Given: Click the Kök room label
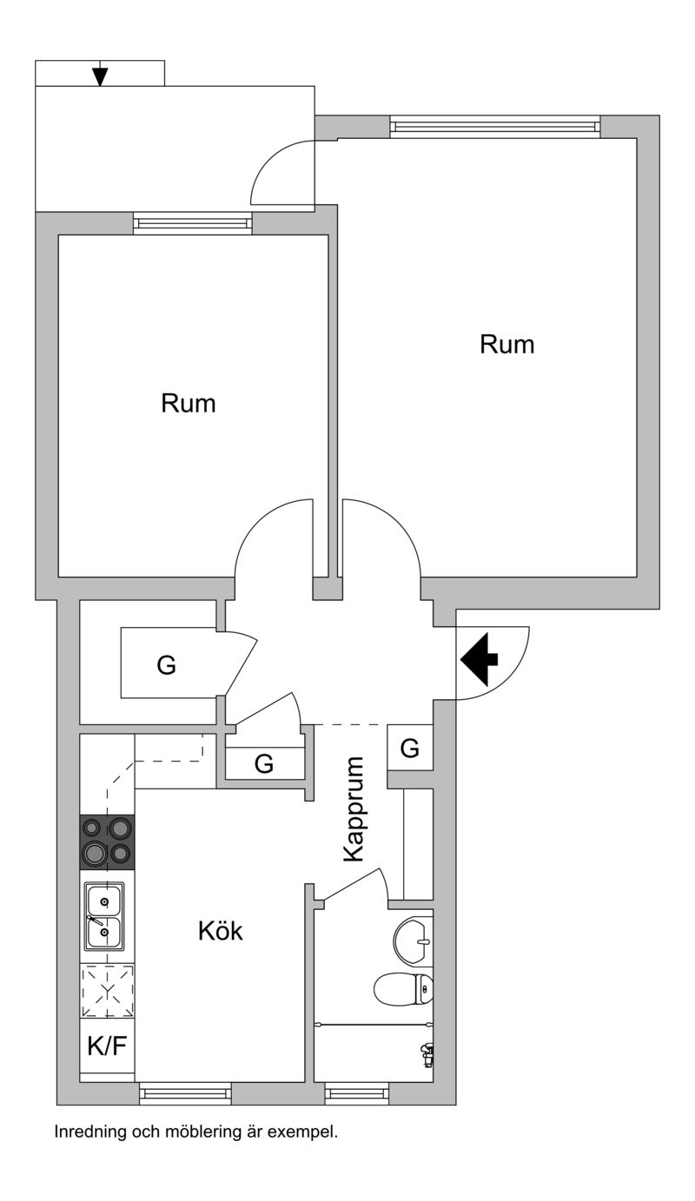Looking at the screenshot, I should coord(220,932).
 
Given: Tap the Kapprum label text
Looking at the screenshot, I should coord(353,809).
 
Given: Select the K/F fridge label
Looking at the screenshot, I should coord(107,1046).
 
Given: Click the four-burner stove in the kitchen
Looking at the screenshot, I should coord(108,841).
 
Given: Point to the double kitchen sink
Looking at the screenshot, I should coord(104,916).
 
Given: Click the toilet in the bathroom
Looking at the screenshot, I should coord(404,987).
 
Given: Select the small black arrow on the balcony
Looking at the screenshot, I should coord(101,75).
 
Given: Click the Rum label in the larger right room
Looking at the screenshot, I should coord(506,345).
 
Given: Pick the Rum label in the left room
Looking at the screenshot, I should coord(189,404).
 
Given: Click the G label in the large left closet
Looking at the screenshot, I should coord(166,665).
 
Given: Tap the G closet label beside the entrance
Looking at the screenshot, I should coord(410,748).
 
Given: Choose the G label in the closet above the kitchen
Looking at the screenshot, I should coord(264,764).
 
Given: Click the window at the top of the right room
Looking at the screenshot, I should coord(495,127).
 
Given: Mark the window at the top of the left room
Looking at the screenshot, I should coord(193,223).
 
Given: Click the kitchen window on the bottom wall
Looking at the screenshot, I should coord(186,1092).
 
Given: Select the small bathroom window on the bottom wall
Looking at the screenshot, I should coord(357,1092).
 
